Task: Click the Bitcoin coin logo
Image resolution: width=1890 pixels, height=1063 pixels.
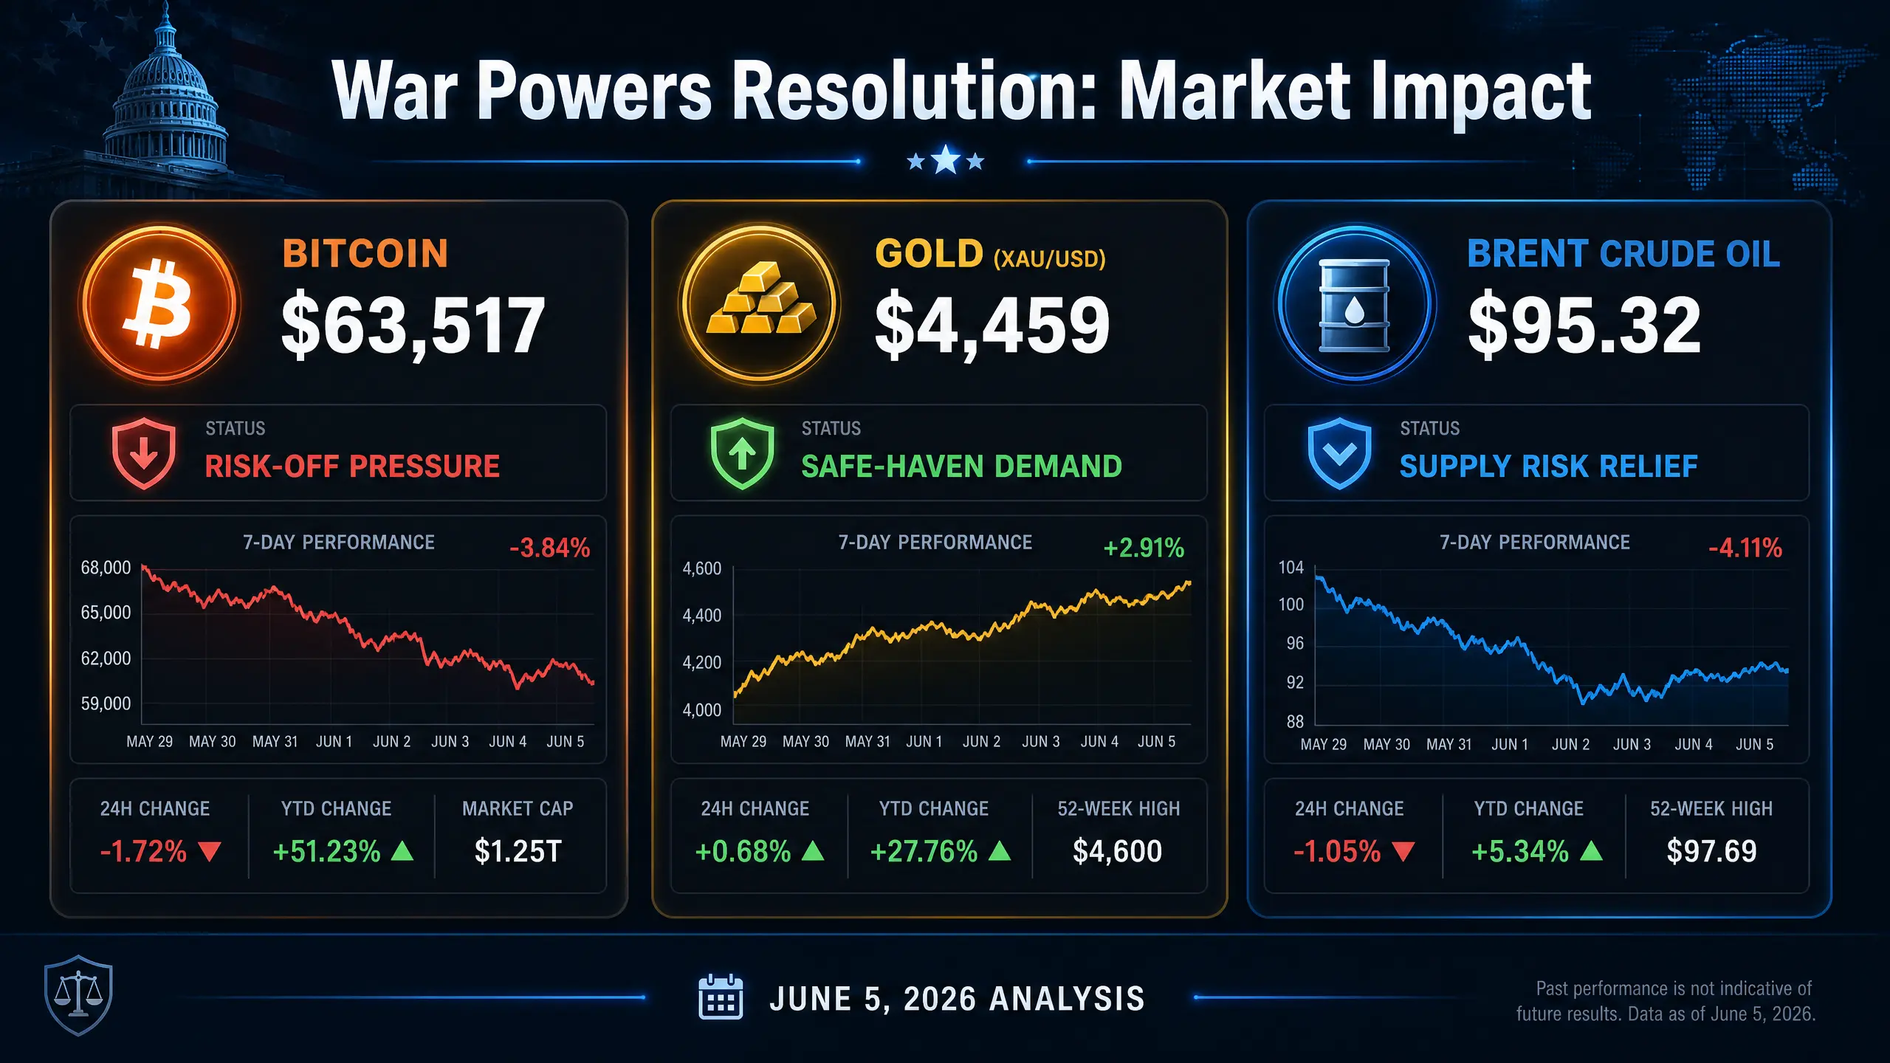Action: [x=159, y=303]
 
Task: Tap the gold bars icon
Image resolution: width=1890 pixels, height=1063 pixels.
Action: [x=760, y=303]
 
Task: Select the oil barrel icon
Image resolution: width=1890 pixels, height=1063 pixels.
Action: [x=1355, y=304]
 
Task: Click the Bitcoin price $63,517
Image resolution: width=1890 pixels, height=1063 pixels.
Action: [x=413, y=325]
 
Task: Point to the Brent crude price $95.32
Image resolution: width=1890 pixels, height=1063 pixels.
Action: [x=1585, y=325]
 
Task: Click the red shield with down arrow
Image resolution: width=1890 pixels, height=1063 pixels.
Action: [x=144, y=453]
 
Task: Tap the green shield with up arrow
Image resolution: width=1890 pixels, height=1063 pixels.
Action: [x=743, y=453]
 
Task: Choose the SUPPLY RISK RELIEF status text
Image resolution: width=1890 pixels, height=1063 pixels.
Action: [x=1549, y=467]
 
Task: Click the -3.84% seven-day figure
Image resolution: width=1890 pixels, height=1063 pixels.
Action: [x=550, y=548]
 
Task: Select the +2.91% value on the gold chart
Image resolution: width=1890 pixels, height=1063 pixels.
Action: [x=1144, y=548]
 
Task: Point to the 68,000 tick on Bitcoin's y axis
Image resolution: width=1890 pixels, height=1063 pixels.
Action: [x=106, y=568]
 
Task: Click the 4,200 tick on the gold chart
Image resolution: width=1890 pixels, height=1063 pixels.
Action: [x=702, y=662]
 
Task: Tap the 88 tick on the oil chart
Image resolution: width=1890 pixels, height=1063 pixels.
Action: [x=1295, y=721]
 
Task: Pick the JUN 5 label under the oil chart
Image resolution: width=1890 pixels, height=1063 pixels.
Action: [x=1755, y=744]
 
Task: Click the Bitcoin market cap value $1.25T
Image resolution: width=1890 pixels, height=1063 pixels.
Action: [x=518, y=851]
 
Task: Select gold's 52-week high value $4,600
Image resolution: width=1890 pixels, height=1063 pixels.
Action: [x=1118, y=851]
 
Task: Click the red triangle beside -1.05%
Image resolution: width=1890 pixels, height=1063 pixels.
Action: [x=1403, y=852]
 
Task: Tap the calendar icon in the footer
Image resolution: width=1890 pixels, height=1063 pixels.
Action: [x=721, y=997]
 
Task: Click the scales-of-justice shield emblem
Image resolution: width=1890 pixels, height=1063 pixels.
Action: [x=78, y=995]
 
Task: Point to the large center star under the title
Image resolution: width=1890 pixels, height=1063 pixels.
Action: [x=946, y=159]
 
